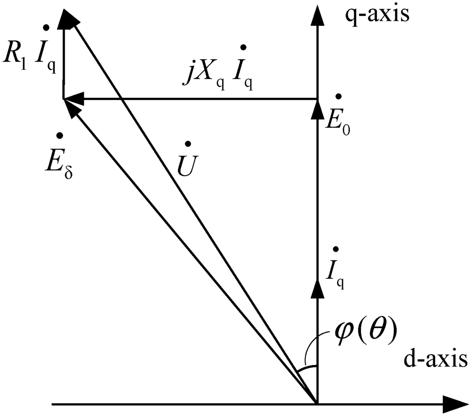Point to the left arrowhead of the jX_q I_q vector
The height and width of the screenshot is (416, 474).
pos(73,99)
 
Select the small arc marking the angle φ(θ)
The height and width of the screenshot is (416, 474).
pos(307,368)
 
